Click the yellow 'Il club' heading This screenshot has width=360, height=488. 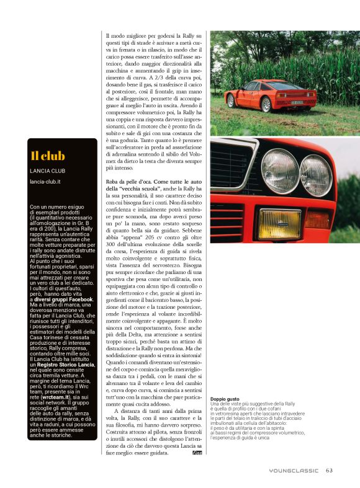(x=48, y=156)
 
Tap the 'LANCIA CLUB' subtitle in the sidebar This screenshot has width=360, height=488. (x=49, y=171)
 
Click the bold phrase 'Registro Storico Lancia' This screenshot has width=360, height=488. (x=64, y=365)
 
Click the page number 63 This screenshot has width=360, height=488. (x=329, y=469)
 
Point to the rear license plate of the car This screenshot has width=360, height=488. (x=298, y=100)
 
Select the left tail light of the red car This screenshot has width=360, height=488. (x=277, y=94)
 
